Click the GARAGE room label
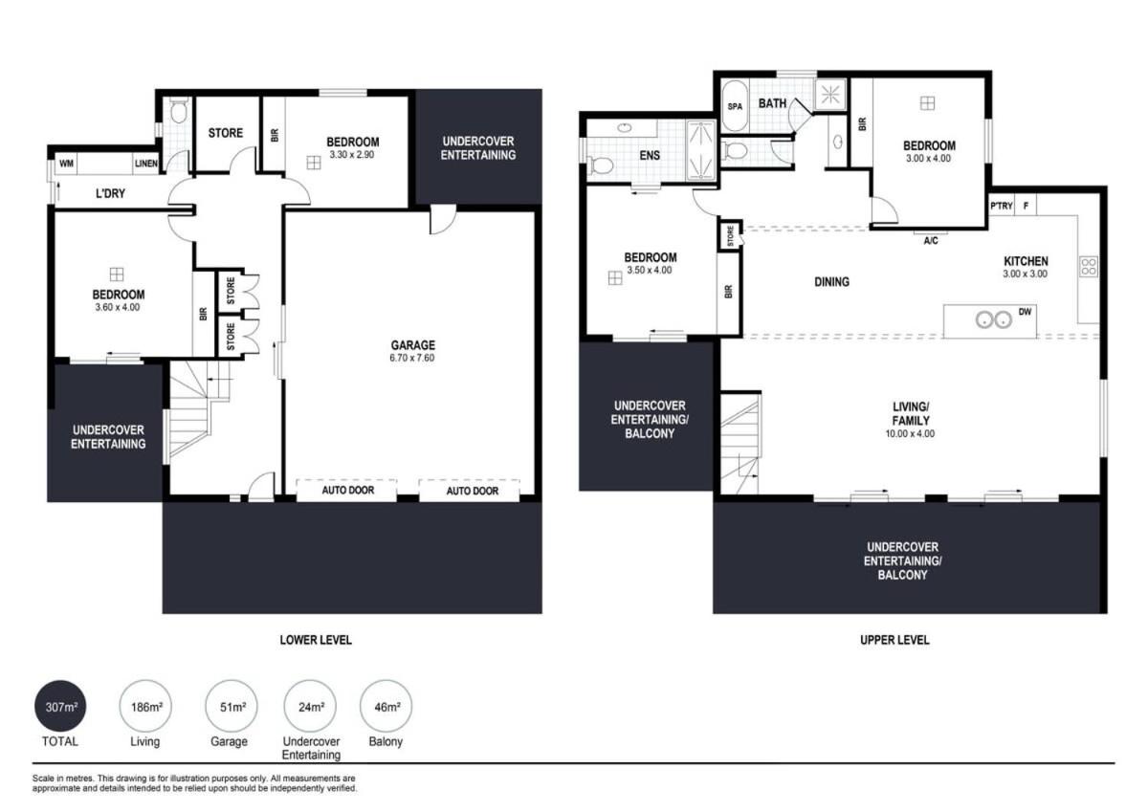[x=412, y=345]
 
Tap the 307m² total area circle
[x=60, y=706]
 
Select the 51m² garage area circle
[x=232, y=706]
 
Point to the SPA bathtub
[x=735, y=106]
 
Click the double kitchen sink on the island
[x=993, y=319]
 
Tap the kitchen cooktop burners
[x=1089, y=267]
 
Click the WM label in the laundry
[x=66, y=164]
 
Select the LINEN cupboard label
[x=146, y=164]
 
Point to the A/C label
[x=931, y=240]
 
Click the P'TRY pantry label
[x=1001, y=206]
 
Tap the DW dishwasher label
[x=1025, y=312]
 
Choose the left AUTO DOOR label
[x=348, y=491]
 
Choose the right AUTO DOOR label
[x=472, y=492]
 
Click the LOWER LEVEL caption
[x=316, y=640]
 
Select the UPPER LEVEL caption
[x=894, y=640]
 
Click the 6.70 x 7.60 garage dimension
[x=412, y=358]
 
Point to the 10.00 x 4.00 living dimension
[x=910, y=434]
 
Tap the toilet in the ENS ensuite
[x=601, y=165]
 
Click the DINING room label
[x=831, y=282]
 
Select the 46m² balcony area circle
[x=386, y=706]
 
